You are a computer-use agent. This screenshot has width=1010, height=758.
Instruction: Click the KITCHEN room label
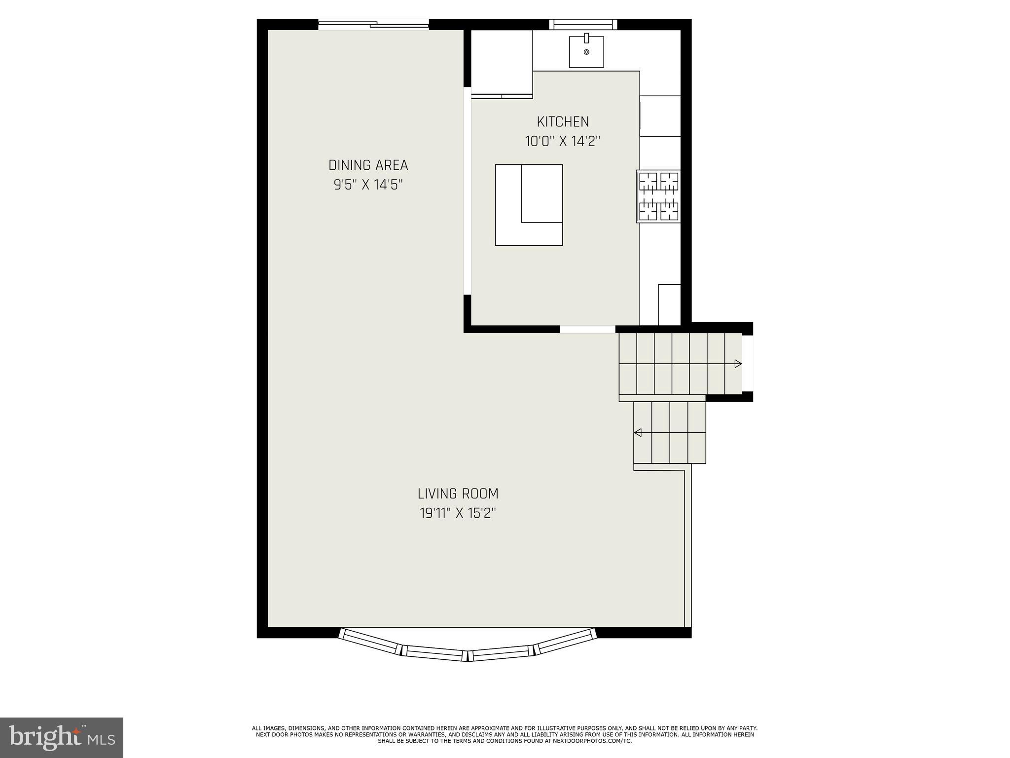click(x=563, y=121)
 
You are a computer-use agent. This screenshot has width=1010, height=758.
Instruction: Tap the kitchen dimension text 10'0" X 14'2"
click(x=563, y=142)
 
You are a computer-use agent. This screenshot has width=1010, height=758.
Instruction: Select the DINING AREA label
click(x=368, y=165)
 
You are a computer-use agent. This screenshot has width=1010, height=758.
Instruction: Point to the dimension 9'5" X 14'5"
click(x=368, y=185)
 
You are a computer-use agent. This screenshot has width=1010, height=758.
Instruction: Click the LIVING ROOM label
click(x=458, y=493)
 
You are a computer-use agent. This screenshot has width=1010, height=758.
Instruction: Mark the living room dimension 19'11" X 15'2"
click(x=458, y=514)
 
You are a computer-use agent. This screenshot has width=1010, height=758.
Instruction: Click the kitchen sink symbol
click(x=586, y=51)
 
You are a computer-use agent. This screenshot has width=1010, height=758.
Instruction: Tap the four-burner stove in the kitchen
click(x=658, y=196)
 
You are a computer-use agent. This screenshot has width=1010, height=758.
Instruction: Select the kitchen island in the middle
click(x=529, y=205)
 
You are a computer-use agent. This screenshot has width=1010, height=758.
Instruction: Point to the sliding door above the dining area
click(x=373, y=24)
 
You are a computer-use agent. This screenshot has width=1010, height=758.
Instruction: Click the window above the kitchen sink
click(x=583, y=24)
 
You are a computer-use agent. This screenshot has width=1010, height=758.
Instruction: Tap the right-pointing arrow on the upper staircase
click(x=738, y=364)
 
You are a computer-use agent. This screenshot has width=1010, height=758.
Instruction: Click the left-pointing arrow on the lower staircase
click(x=638, y=433)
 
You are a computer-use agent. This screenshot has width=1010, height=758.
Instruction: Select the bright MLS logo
click(x=61, y=737)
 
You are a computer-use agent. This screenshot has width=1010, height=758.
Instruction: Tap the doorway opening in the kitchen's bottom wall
click(x=587, y=329)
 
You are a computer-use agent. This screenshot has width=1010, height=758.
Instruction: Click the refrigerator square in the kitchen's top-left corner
click(x=502, y=61)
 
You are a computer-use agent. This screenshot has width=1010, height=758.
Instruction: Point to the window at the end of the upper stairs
click(x=748, y=363)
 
